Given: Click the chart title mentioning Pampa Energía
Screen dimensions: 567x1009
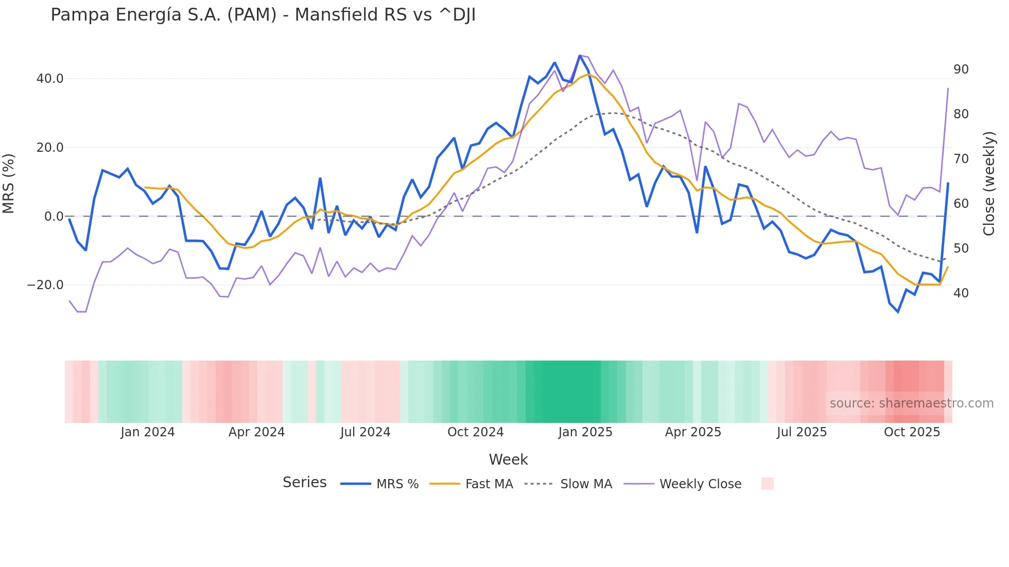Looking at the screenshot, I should (263, 15).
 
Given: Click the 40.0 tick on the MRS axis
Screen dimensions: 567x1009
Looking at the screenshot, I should (49, 79).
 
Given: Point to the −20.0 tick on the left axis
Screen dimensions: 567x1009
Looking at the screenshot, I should (45, 285).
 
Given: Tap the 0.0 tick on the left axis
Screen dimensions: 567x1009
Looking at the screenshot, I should (54, 216).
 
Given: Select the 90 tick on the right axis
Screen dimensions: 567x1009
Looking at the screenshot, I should (961, 69).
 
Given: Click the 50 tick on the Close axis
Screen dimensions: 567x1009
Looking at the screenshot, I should (961, 249).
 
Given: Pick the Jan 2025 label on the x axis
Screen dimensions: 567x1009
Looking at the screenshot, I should (585, 432).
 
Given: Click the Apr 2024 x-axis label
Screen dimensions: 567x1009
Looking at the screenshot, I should (256, 432).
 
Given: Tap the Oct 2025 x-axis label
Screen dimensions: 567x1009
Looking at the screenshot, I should (912, 432).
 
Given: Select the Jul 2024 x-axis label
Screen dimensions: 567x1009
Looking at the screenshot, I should (365, 432).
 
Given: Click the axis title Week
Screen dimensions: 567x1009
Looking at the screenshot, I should (508, 459).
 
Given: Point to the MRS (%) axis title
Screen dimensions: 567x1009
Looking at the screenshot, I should (9, 183).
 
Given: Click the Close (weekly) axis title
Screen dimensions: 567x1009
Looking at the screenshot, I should (988, 183).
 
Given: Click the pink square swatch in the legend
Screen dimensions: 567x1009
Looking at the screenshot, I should (767, 484).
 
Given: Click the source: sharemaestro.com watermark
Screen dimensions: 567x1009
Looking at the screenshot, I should (911, 403).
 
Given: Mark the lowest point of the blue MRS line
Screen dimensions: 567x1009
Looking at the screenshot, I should (898, 312).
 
